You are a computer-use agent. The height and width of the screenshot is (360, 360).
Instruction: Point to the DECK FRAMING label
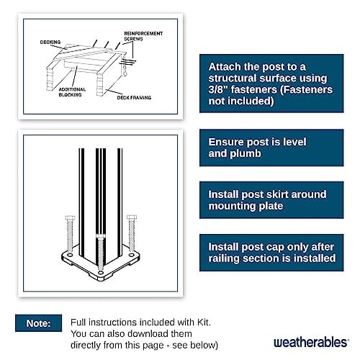pos(132,94)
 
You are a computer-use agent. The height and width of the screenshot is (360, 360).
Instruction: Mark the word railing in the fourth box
pos(225,258)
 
